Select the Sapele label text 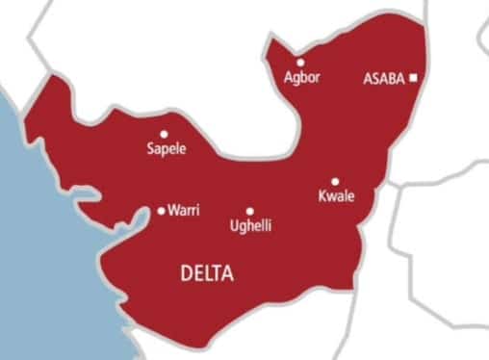click(x=167, y=149)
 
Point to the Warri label click(x=184, y=210)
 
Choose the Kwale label click(x=336, y=196)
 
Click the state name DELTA click(x=207, y=274)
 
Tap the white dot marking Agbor click(x=301, y=62)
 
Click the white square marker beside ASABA click(x=413, y=78)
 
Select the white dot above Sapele click(x=164, y=135)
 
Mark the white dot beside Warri click(x=161, y=210)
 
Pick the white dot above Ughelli click(x=249, y=211)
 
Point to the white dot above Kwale click(x=335, y=181)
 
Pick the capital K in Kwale click(x=322, y=196)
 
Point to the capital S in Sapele click(x=150, y=149)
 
